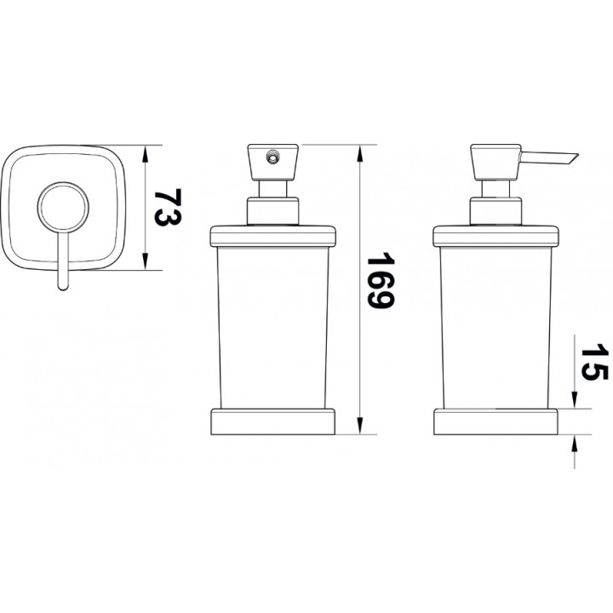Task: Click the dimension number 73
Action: click(168, 207)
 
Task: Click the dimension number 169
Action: click(381, 280)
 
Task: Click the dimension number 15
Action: click(594, 362)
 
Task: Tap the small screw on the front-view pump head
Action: click(272, 157)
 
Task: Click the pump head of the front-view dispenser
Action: click(273, 163)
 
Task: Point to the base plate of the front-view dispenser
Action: click(273, 421)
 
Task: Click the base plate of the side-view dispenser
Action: click(496, 421)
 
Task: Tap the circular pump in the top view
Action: click(63, 207)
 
